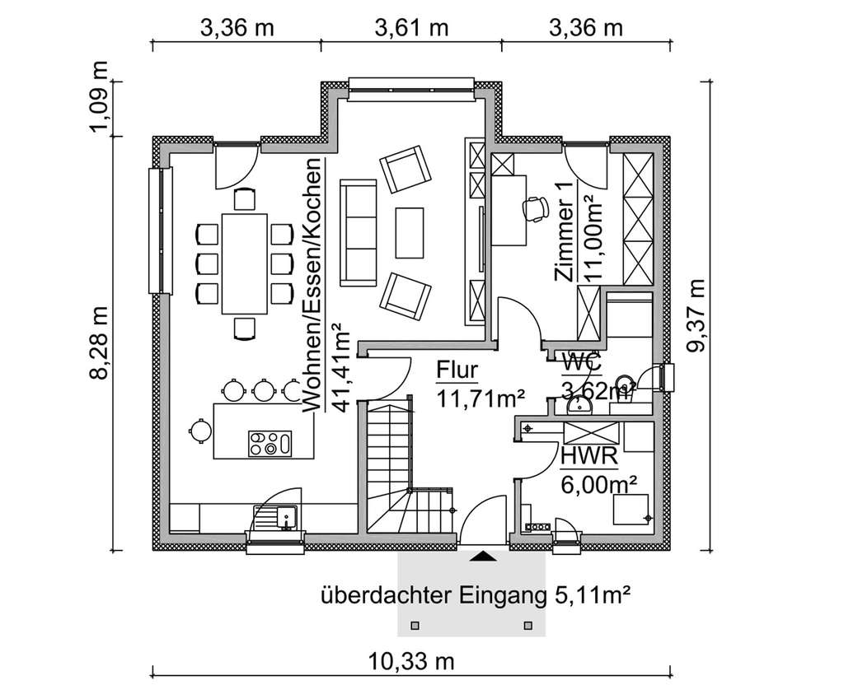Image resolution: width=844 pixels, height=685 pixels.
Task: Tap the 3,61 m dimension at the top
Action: [411, 28]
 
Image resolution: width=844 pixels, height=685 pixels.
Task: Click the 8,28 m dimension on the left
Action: [100, 343]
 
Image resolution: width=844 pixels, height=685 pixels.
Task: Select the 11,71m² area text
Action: [481, 399]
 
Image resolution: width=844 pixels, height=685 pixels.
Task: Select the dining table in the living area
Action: [245, 263]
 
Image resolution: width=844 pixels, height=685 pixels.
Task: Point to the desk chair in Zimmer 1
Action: [536, 208]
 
